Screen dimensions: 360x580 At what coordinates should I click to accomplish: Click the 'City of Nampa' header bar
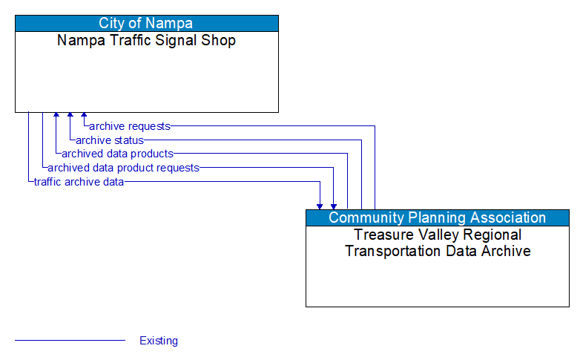click(147, 23)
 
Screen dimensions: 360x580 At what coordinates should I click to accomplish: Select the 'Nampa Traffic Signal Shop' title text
click(147, 41)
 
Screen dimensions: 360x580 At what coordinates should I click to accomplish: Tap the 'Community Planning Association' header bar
click(438, 217)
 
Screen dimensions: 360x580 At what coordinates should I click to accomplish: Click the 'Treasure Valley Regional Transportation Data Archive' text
click(438, 243)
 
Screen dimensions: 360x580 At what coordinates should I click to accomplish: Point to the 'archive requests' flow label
click(130, 126)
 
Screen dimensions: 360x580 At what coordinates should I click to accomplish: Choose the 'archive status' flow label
click(110, 140)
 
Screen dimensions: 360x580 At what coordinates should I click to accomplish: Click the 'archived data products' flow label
click(118, 154)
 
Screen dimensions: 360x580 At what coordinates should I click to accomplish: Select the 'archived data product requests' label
click(123, 168)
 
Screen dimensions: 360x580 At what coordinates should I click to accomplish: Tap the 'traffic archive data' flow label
click(79, 182)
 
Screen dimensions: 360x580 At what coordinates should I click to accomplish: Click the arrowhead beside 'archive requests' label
click(84, 117)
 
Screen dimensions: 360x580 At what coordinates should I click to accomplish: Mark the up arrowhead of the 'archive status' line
click(70, 117)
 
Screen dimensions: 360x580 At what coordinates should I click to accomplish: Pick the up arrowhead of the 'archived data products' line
click(56, 117)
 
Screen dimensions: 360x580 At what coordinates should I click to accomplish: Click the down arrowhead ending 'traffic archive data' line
click(320, 206)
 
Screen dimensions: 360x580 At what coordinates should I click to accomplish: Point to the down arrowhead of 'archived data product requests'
click(334, 206)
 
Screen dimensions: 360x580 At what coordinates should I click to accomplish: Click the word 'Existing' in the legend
click(159, 341)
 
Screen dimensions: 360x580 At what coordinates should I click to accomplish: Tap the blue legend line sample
click(70, 341)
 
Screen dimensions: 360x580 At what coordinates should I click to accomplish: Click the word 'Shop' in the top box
click(219, 41)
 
